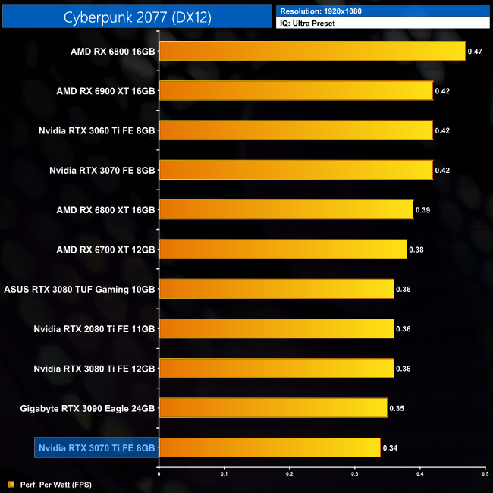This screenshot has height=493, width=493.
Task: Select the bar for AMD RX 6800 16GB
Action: [x=312, y=51]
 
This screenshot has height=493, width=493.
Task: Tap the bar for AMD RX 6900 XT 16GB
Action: [x=296, y=91]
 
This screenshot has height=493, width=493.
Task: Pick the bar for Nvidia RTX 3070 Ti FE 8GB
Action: [x=269, y=447]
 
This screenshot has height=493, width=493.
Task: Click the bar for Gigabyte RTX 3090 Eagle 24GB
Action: [x=273, y=408]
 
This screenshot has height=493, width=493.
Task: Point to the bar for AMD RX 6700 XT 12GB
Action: [x=283, y=249]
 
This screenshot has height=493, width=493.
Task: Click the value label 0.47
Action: [x=475, y=52]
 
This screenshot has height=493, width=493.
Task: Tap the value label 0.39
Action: [x=422, y=209]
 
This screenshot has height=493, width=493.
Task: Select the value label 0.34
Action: [x=390, y=447]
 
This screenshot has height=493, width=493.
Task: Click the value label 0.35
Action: [x=396, y=408]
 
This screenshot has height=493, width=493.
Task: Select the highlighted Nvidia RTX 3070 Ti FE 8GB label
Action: [x=96, y=447]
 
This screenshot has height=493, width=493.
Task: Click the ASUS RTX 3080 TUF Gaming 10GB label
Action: [x=80, y=289]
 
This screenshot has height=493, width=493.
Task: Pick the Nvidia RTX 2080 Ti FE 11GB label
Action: [x=94, y=328]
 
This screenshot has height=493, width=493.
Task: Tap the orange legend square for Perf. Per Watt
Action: [x=11, y=484]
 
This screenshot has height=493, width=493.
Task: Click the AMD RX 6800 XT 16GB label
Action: [x=105, y=209]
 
